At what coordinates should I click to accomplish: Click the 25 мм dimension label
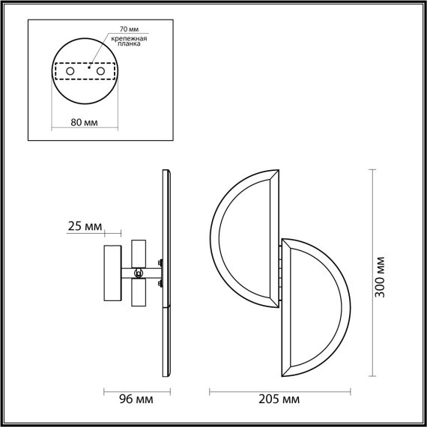pyautogui.click(x=84, y=226)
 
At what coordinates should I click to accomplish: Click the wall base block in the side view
pyautogui.click(x=112, y=273)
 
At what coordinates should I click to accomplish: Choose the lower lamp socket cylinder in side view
pyautogui.click(x=138, y=294)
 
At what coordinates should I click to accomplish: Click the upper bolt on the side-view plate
pyautogui.click(x=160, y=262)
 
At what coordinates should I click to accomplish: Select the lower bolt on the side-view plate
pyautogui.click(x=160, y=283)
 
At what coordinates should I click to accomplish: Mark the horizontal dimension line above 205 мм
pyautogui.click(x=279, y=390)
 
